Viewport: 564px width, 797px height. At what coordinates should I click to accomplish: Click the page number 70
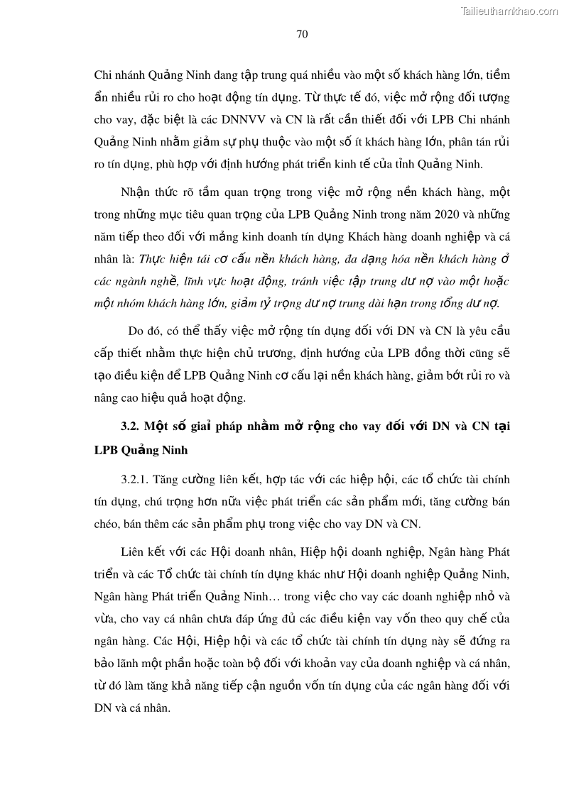(301, 33)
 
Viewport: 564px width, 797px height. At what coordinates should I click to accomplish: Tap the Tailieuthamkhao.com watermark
(509, 11)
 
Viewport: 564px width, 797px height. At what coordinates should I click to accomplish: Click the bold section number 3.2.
(131, 427)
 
